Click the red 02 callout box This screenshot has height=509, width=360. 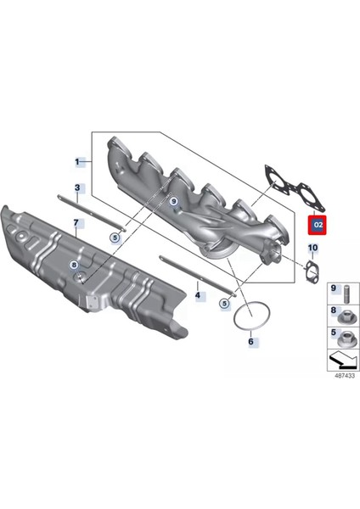(316, 226)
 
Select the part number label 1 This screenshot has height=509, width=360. (77, 161)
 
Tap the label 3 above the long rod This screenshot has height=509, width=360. (77, 187)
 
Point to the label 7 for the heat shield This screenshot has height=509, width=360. (76, 223)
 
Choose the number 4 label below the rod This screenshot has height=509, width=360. (198, 296)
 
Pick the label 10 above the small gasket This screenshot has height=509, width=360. (312, 249)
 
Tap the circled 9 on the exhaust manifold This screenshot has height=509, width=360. (173, 201)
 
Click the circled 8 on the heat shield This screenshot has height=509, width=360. (75, 266)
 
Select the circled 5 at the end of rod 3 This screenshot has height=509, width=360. (115, 238)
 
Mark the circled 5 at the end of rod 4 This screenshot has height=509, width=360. (224, 303)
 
